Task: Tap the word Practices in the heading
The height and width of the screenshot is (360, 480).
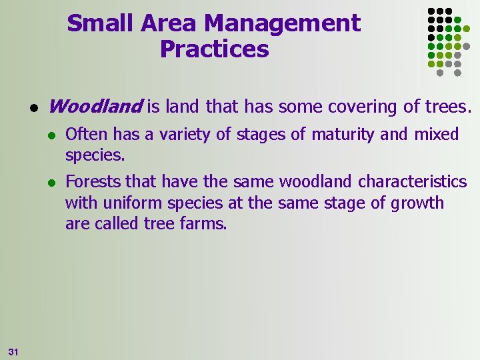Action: point(214,49)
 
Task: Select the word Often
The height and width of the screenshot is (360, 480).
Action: point(87,135)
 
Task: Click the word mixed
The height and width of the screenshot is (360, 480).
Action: point(437,135)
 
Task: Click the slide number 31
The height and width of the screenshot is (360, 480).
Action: point(14,351)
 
